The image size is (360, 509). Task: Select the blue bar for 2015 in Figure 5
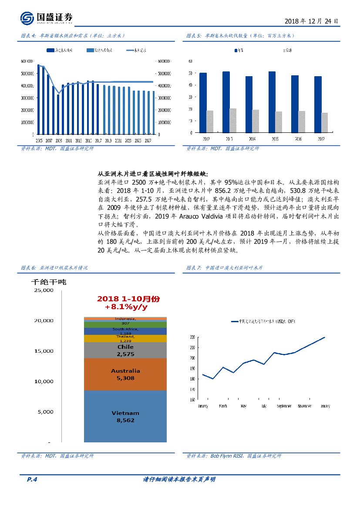pyautogui.click(x=272, y=101)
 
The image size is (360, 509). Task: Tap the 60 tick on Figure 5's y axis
pyautogui.click(x=190, y=61)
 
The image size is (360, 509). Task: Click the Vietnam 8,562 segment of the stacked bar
pyautogui.click(x=125, y=416)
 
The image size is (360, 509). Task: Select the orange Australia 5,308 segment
pyautogui.click(x=125, y=374)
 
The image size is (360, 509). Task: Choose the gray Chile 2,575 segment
pyautogui.click(x=125, y=350)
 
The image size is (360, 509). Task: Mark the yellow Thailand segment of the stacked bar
pyautogui.click(x=125, y=338)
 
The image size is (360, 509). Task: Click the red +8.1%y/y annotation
pyautogui.click(x=126, y=307)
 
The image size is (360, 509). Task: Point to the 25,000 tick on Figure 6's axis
pyautogui.click(x=44, y=290)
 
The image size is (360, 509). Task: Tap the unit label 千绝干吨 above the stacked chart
pyautogui.click(x=48, y=281)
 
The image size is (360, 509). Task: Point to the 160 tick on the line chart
pyautogui.click(x=192, y=399)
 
